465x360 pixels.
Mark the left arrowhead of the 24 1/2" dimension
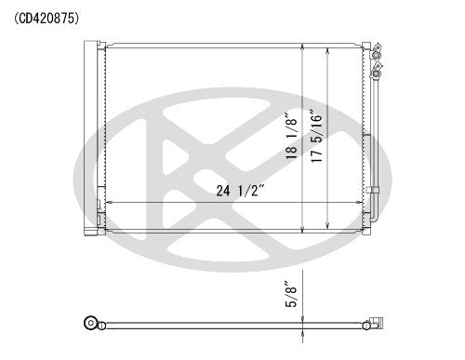108,203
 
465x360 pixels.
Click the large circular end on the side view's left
90,324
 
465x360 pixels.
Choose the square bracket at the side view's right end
374,324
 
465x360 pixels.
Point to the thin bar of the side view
232,324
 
